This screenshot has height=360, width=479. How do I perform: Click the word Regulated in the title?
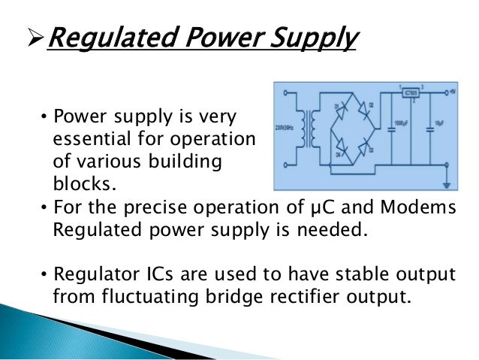click(104, 38)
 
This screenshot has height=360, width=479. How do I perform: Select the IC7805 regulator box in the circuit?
click(410, 94)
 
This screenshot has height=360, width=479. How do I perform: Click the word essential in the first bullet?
click(91, 141)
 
